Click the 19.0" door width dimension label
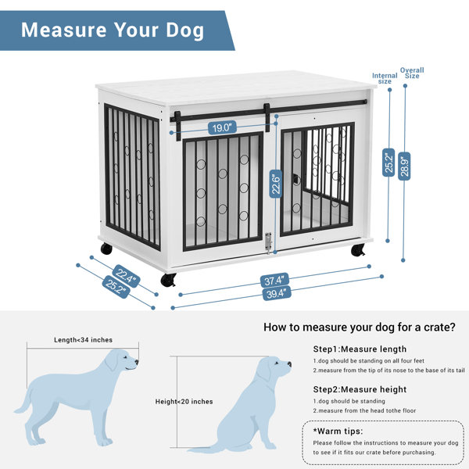[x=222, y=127]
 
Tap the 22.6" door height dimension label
[x=275, y=184]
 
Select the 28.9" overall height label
[x=404, y=166]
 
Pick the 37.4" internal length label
[x=274, y=281]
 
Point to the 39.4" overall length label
[x=277, y=293]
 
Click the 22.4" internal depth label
[x=126, y=276]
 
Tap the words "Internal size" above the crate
[x=385, y=78]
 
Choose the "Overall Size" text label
[x=412, y=73]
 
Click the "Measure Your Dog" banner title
[x=113, y=30]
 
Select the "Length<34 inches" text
[x=83, y=340]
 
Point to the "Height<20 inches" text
[x=184, y=402]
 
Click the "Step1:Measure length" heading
[x=360, y=349]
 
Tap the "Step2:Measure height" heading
[x=360, y=389]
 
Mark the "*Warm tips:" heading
[x=338, y=431]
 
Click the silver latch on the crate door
[x=269, y=242]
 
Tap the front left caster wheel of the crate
[x=168, y=280]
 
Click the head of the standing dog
[x=123, y=360]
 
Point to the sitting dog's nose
[x=289, y=364]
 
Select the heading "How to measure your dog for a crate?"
[x=360, y=328]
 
